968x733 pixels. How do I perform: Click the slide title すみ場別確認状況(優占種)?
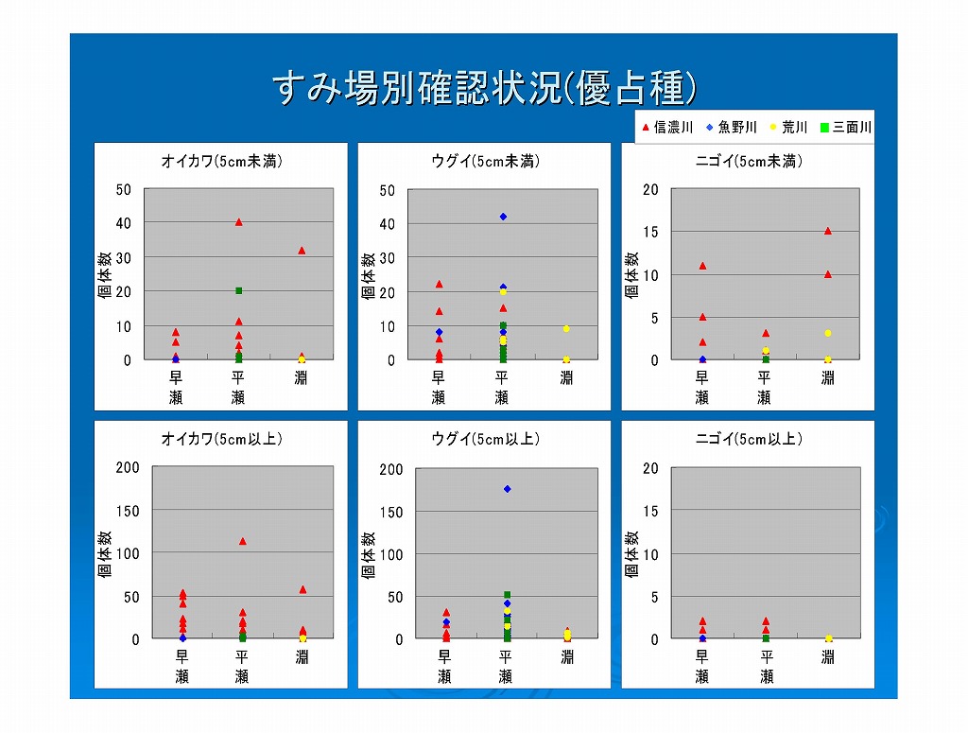[x=485, y=88]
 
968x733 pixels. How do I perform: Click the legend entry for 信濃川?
[x=667, y=127]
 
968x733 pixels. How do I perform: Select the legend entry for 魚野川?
[x=732, y=127]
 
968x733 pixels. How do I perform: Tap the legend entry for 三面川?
[x=846, y=127]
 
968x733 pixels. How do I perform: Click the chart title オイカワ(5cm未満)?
[x=221, y=161]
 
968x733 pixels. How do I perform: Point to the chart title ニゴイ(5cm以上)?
[x=749, y=439]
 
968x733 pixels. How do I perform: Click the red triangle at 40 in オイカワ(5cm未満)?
[x=239, y=222]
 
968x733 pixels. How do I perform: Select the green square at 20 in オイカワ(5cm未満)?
[x=239, y=291]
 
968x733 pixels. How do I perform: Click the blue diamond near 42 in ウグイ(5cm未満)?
[x=503, y=217]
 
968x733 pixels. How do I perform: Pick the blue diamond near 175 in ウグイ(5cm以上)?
[x=508, y=489]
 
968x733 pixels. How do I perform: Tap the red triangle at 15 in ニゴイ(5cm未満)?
[x=828, y=231]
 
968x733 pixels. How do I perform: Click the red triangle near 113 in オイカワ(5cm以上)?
[x=243, y=542]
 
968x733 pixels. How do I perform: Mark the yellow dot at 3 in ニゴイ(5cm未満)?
[x=828, y=334]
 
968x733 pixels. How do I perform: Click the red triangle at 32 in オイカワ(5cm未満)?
[x=302, y=251]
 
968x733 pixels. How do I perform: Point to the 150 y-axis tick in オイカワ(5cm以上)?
[x=128, y=511]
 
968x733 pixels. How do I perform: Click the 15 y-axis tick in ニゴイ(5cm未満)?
[x=650, y=232]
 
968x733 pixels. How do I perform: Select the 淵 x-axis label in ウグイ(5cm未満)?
[x=566, y=378]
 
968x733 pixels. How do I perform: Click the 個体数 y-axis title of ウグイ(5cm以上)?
[x=369, y=554]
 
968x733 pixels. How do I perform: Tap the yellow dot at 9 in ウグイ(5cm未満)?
[x=566, y=329]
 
